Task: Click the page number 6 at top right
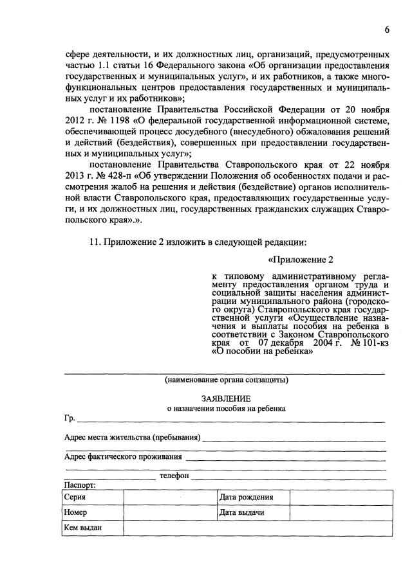pyautogui.click(x=388, y=30)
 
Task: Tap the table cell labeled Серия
pyautogui.click(x=93, y=497)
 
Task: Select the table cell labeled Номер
pyautogui.click(x=93, y=513)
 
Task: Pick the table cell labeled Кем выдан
pyautogui.click(x=93, y=528)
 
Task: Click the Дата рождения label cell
pyautogui.click(x=252, y=497)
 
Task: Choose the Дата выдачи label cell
pyautogui.click(x=252, y=513)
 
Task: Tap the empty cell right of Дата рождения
pyautogui.click(x=341, y=497)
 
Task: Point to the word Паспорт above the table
pyautogui.click(x=80, y=485)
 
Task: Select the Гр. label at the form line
pyautogui.click(x=70, y=419)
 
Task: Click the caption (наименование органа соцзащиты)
pyautogui.click(x=226, y=379)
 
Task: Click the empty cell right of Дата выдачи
pyautogui.click(x=341, y=513)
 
